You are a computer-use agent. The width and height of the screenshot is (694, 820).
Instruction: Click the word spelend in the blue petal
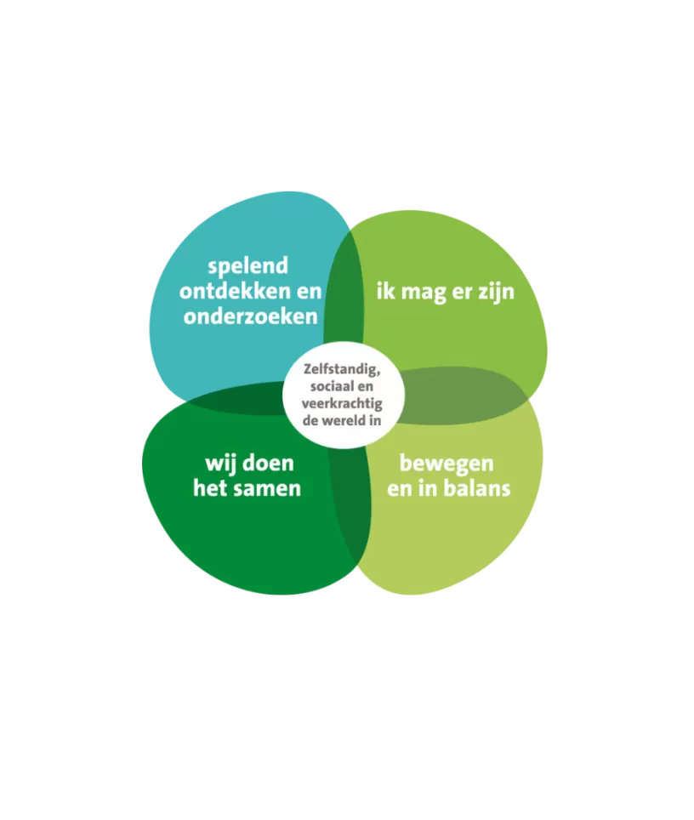tap(247, 266)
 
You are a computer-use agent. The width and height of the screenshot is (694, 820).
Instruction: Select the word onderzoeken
tap(251, 316)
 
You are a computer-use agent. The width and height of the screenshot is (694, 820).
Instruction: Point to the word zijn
tap(495, 292)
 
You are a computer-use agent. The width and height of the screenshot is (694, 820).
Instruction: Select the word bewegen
tap(447, 464)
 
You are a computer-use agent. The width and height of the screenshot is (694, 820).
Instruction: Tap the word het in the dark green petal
tap(208, 489)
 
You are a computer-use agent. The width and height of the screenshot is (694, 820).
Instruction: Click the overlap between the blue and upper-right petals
tap(343, 289)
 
